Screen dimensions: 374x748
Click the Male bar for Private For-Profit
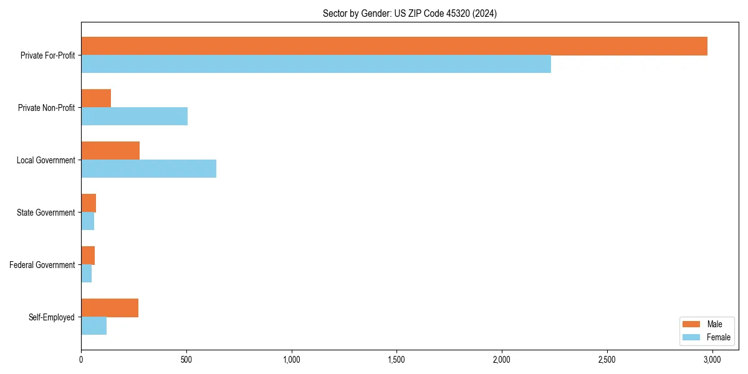tap(394, 46)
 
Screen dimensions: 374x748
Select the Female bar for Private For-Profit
tap(316, 64)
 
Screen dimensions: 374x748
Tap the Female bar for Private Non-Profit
tap(134, 117)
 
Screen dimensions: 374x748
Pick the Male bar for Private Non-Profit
tap(96, 98)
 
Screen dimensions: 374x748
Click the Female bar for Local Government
tap(148, 169)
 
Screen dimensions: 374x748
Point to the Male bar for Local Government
tap(110, 151)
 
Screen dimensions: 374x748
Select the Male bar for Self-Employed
tap(110, 308)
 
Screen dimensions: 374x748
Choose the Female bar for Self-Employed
tap(93, 326)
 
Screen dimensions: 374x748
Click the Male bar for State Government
tap(89, 203)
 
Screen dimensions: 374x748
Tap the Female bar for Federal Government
tap(87, 274)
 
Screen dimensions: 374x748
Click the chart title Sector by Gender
tap(410, 13)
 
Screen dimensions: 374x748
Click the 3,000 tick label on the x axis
tap(712, 360)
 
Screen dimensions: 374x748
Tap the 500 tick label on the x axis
tap(186, 360)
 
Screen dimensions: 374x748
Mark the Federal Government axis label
tap(42, 265)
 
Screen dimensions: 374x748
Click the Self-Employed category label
tap(51, 317)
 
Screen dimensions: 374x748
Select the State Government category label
tap(46, 213)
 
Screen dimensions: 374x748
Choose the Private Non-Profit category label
tap(46, 108)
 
